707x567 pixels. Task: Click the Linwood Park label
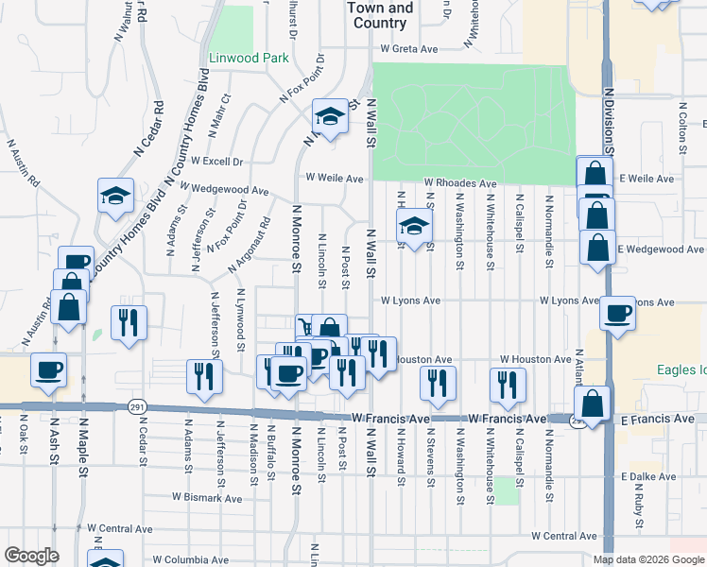(249, 59)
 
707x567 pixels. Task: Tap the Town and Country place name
(380, 15)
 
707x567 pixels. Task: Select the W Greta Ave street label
(411, 48)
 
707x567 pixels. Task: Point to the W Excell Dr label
(216, 162)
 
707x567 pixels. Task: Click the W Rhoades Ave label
(459, 183)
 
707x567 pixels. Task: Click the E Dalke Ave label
(647, 478)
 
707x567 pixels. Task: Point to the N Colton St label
(681, 128)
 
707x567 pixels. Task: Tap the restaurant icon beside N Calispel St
(507, 383)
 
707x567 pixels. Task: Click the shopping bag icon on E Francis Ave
(591, 404)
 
